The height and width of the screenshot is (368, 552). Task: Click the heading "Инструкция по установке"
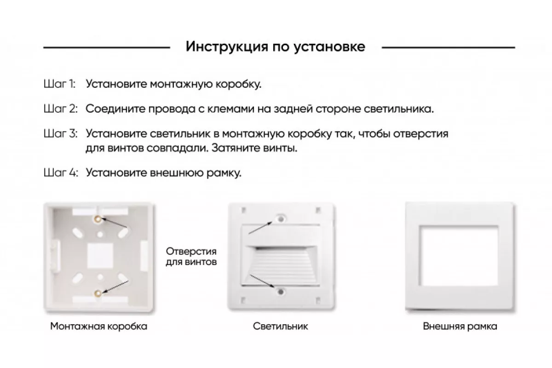point(275,46)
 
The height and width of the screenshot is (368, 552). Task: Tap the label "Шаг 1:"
point(59,84)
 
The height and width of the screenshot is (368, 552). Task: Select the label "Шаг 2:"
point(61,109)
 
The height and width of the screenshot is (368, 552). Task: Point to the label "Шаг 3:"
point(61,133)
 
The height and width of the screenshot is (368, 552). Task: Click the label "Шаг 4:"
point(61,172)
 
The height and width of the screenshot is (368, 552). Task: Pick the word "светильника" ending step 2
point(398,109)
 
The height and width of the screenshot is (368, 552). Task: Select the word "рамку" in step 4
point(224,173)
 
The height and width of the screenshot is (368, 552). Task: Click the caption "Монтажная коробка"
point(99,326)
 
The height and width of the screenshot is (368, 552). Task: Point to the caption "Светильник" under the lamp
point(281,326)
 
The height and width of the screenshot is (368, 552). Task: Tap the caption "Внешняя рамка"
point(460,326)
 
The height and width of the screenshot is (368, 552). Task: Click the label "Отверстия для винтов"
point(191,257)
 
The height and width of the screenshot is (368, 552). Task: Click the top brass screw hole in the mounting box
point(98,218)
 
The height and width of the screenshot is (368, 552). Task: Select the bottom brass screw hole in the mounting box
point(98,293)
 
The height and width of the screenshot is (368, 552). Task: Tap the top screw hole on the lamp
point(281,218)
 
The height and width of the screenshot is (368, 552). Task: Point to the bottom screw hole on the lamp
point(281,292)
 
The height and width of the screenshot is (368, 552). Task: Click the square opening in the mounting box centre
point(100,256)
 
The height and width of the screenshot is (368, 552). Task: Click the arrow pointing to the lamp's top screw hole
point(260,228)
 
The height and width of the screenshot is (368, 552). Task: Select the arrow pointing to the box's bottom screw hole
point(115,287)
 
